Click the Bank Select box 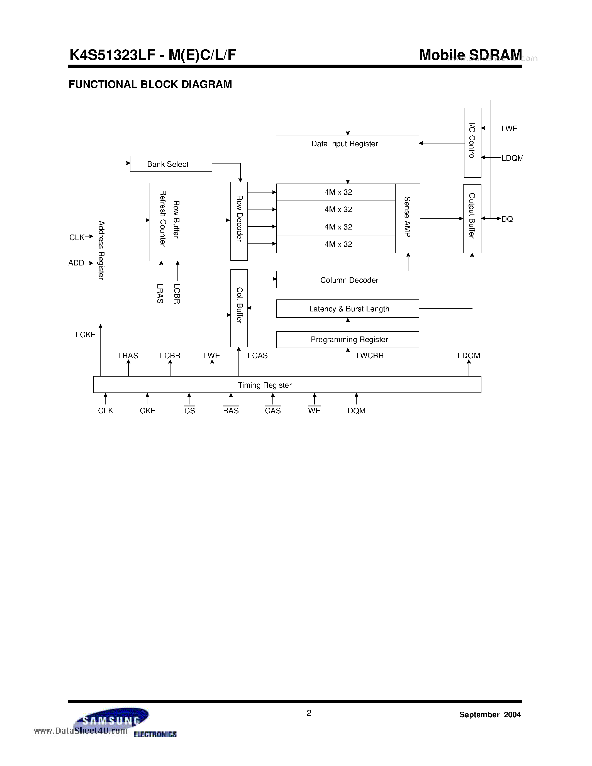coord(171,164)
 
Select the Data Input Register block coord(347,143)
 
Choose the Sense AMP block coord(408,218)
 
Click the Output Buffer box coord(472,218)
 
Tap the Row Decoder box coord(239,221)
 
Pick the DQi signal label coord(508,219)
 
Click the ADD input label coord(76,263)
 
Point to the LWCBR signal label coord(370,356)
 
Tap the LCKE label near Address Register coord(85,335)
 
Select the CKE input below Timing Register coord(147,411)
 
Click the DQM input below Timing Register coord(356,411)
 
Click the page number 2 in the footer coord(309,713)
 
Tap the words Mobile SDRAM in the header coord(470,55)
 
